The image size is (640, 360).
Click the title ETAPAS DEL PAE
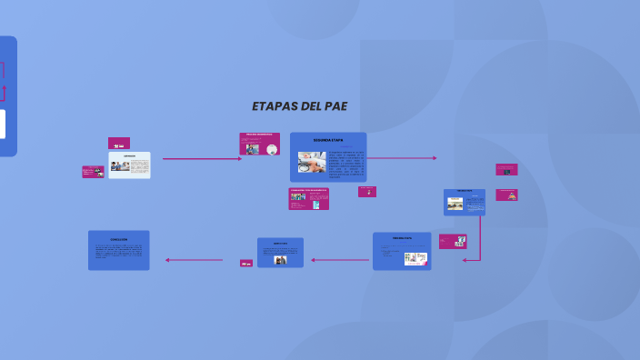299,106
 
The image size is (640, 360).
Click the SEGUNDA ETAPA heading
328,140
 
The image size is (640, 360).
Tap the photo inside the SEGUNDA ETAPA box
312,162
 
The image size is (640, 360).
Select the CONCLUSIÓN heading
118,239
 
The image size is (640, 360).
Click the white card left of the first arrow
129,165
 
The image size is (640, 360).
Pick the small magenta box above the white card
118,143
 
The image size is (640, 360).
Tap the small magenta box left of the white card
93,171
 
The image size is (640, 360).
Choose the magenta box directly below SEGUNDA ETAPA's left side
309,199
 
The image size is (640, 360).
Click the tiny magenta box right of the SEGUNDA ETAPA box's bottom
367,191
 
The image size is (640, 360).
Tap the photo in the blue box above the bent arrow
455,204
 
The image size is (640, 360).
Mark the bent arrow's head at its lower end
465,260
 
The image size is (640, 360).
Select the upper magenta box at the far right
506,169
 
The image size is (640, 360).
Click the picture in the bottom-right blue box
415,258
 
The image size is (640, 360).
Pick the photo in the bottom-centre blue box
281,259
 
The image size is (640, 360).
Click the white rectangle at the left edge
2,124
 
